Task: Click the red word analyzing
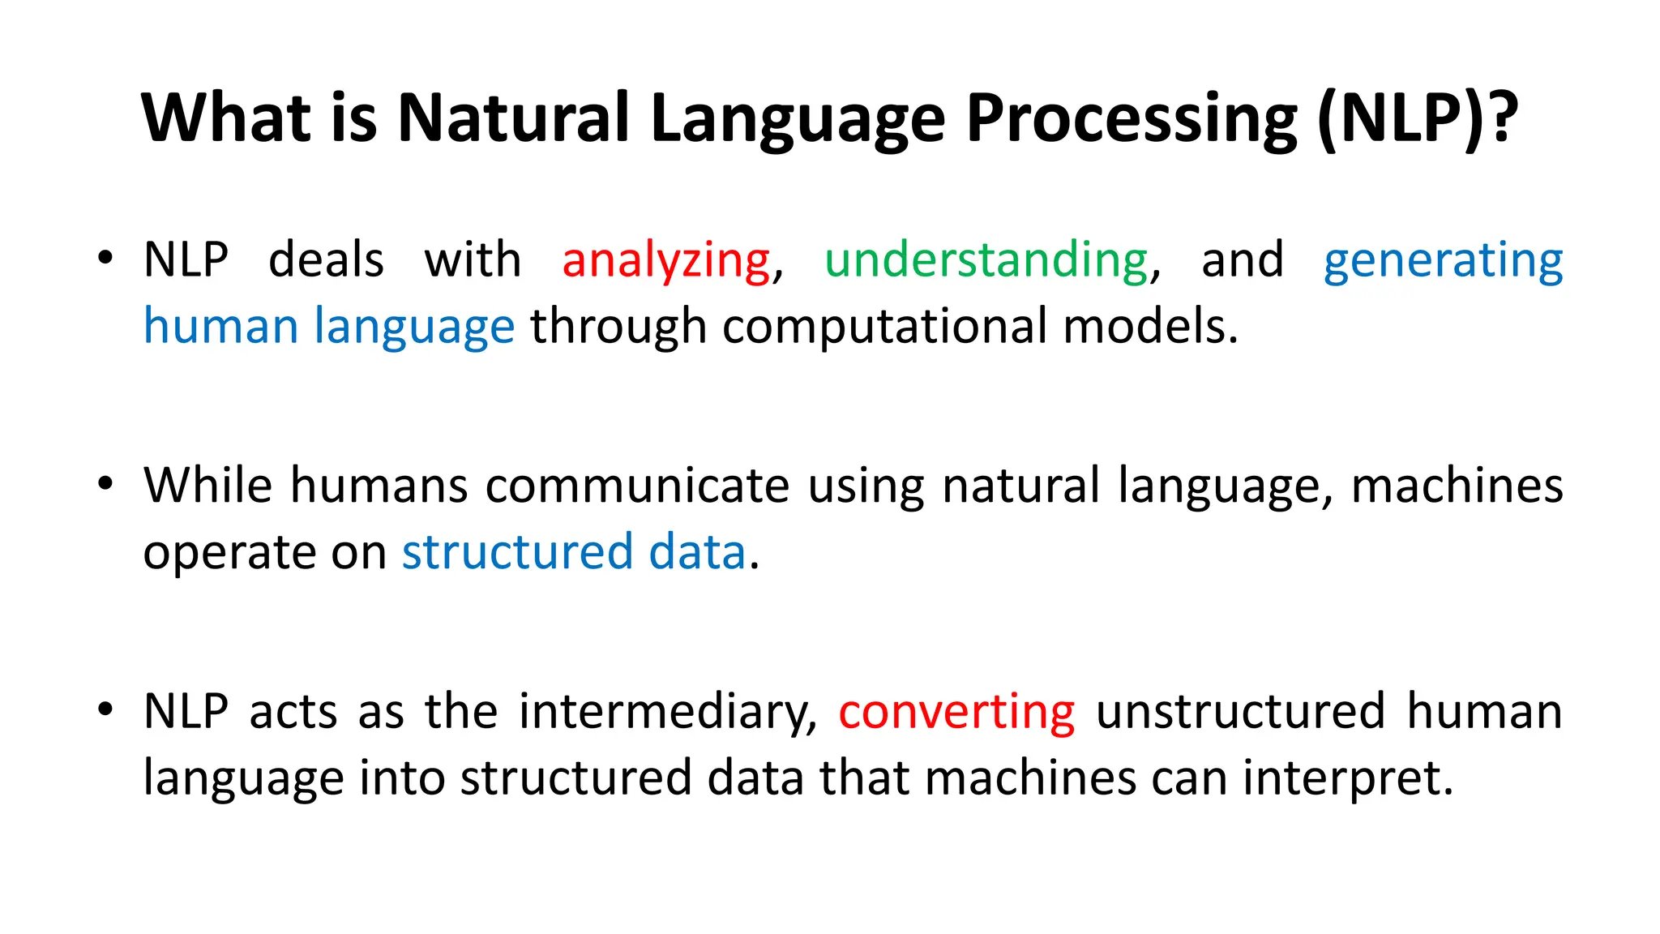(x=665, y=261)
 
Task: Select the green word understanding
(x=986, y=261)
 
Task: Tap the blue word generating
(x=1443, y=261)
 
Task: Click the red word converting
(x=956, y=712)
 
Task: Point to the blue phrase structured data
(x=573, y=552)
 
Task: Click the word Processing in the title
(x=1132, y=118)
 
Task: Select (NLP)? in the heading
(x=1417, y=118)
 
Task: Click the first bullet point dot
(x=105, y=259)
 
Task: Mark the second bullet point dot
(x=105, y=484)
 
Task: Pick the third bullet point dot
(x=105, y=709)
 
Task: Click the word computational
(x=884, y=327)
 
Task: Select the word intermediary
(x=668, y=712)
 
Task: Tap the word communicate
(x=637, y=486)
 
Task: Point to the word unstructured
(x=1240, y=712)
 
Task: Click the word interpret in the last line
(x=1348, y=778)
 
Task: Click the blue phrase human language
(x=328, y=327)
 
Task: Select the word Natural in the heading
(x=513, y=118)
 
